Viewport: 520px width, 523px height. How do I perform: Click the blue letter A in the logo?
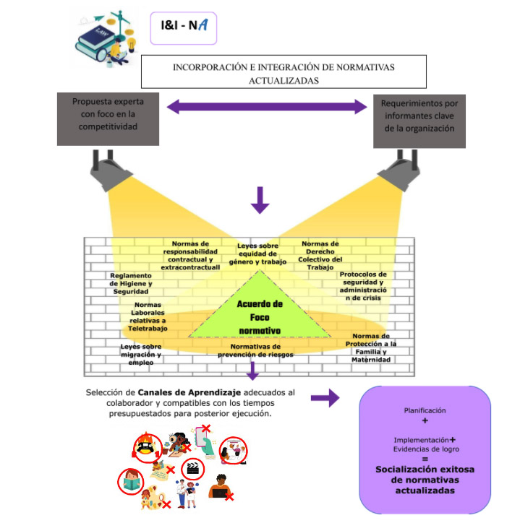pyautogui.click(x=203, y=25)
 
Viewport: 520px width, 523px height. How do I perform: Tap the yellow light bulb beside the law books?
pyautogui.click(x=132, y=44)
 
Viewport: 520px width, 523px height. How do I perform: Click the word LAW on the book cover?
pyautogui.click(x=101, y=32)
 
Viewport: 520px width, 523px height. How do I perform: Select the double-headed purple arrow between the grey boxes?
pyautogui.click(x=267, y=107)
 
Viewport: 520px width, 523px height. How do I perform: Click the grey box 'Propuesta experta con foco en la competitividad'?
pyautogui.click(x=108, y=119)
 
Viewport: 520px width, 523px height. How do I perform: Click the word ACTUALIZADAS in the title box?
pyautogui.click(x=284, y=81)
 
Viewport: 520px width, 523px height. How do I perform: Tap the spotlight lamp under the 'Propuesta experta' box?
pyautogui.click(x=110, y=170)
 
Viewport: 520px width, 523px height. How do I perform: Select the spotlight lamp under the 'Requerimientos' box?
pyautogui.click(x=400, y=170)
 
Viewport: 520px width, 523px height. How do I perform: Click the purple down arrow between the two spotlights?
pyautogui.click(x=260, y=200)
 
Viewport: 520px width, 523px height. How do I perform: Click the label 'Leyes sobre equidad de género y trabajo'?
pyautogui.click(x=257, y=254)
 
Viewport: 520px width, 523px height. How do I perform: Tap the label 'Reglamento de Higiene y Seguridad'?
pyautogui.click(x=131, y=283)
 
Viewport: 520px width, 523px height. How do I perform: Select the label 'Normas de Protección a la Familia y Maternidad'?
pyautogui.click(x=371, y=348)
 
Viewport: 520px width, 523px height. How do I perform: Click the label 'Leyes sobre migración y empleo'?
pyautogui.click(x=141, y=355)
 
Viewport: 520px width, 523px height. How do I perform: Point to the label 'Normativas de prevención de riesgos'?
pyautogui.click(x=255, y=350)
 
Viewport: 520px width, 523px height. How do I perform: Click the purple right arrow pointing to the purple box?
pyautogui.click(x=325, y=397)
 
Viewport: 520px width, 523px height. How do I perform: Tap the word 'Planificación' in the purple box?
pyautogui.click(x=425, y=410)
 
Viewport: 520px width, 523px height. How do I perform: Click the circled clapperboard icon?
pyautogui.click(x=192, y=469)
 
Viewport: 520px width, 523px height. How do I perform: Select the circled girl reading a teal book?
pyautogui.click(x=131, y=482)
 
